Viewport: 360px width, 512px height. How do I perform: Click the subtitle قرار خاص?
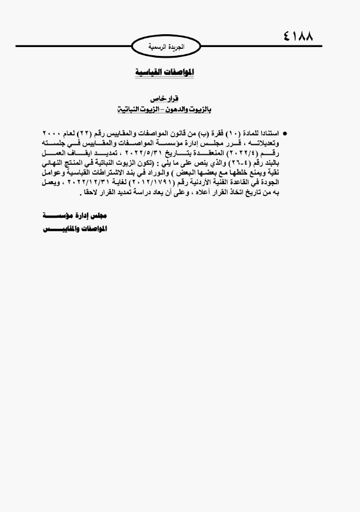(x=164, y=100)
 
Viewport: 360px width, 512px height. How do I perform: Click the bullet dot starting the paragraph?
(x=285, y=134)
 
